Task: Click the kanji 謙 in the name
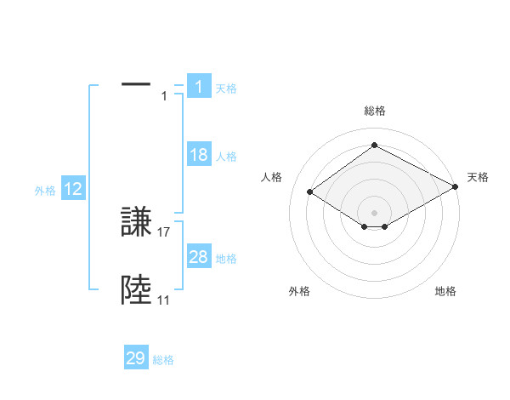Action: (137, 223)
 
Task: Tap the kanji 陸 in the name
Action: (137, 291)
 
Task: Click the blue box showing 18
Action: (199, 155)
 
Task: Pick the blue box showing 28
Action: (199, 257)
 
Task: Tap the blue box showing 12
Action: (73, 190)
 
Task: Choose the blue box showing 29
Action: (136, 358)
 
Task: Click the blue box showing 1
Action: (199, 86)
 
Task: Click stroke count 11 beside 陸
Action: (163, 300)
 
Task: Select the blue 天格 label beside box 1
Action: (226, 89)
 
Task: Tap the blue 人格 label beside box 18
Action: (226, 157)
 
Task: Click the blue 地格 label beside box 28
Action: (226, 259)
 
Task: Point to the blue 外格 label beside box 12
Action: (45, 191)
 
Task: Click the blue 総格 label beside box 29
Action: (163, 360)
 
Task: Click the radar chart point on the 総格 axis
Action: (374, 146)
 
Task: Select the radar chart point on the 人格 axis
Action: (310, 192)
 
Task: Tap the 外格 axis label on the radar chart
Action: (299, 291)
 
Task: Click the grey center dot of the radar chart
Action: (374, 211)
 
